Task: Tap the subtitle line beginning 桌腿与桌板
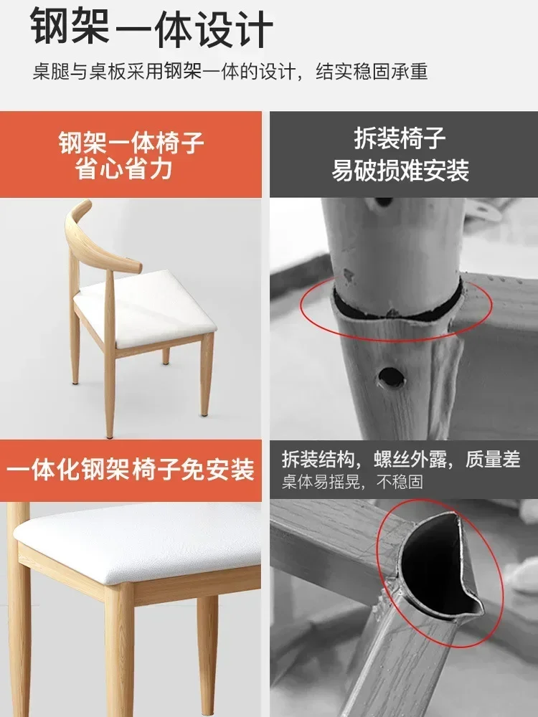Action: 230,72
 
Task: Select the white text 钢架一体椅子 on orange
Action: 131,142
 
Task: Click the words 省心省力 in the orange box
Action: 123,168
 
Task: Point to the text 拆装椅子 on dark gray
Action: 400,138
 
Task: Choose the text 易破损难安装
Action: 400,171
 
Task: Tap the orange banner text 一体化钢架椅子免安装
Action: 131,470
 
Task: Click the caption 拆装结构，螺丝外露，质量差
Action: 401,459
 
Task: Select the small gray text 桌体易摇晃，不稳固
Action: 352,482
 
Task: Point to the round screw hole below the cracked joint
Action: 390,377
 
